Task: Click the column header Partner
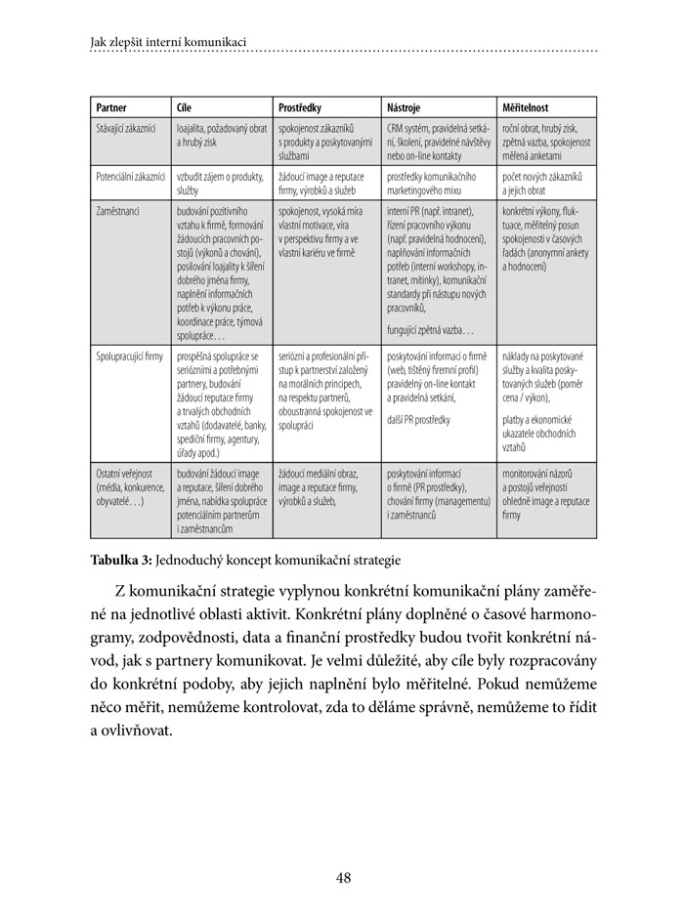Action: (111, 106)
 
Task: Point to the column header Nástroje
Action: (405, 106)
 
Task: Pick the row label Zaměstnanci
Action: (118, 210)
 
